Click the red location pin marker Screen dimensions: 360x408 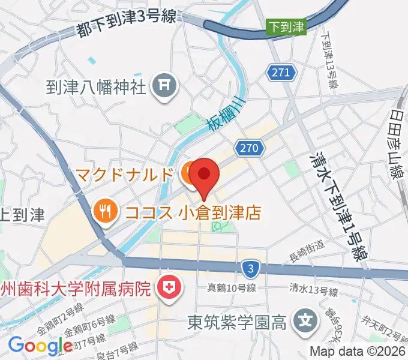[204, 175]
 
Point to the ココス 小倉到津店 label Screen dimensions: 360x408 [193, 212]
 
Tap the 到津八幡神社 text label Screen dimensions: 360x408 [96, 88]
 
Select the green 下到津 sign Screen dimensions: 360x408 [286, 26]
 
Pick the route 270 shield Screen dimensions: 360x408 [250, 148]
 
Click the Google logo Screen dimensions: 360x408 [40, 346]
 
